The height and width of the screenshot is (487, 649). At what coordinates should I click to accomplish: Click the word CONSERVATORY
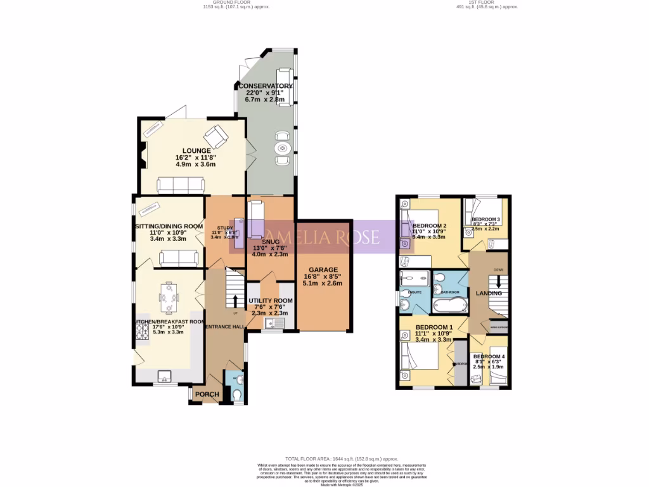point(265,86)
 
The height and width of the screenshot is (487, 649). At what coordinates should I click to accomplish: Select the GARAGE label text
point(323,269)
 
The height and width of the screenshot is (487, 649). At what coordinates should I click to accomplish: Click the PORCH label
point(207,394)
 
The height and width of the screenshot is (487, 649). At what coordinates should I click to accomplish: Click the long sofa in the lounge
point(180,185)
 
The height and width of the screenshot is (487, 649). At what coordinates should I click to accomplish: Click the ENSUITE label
point(415,292)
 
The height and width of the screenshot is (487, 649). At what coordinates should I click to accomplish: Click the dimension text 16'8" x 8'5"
point(323,276)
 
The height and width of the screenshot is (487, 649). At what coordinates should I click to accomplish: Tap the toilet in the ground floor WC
point(236,395)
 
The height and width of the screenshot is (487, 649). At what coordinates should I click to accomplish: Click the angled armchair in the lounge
point(214,134)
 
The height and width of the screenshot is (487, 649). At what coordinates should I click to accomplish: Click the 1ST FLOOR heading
point(470,2)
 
